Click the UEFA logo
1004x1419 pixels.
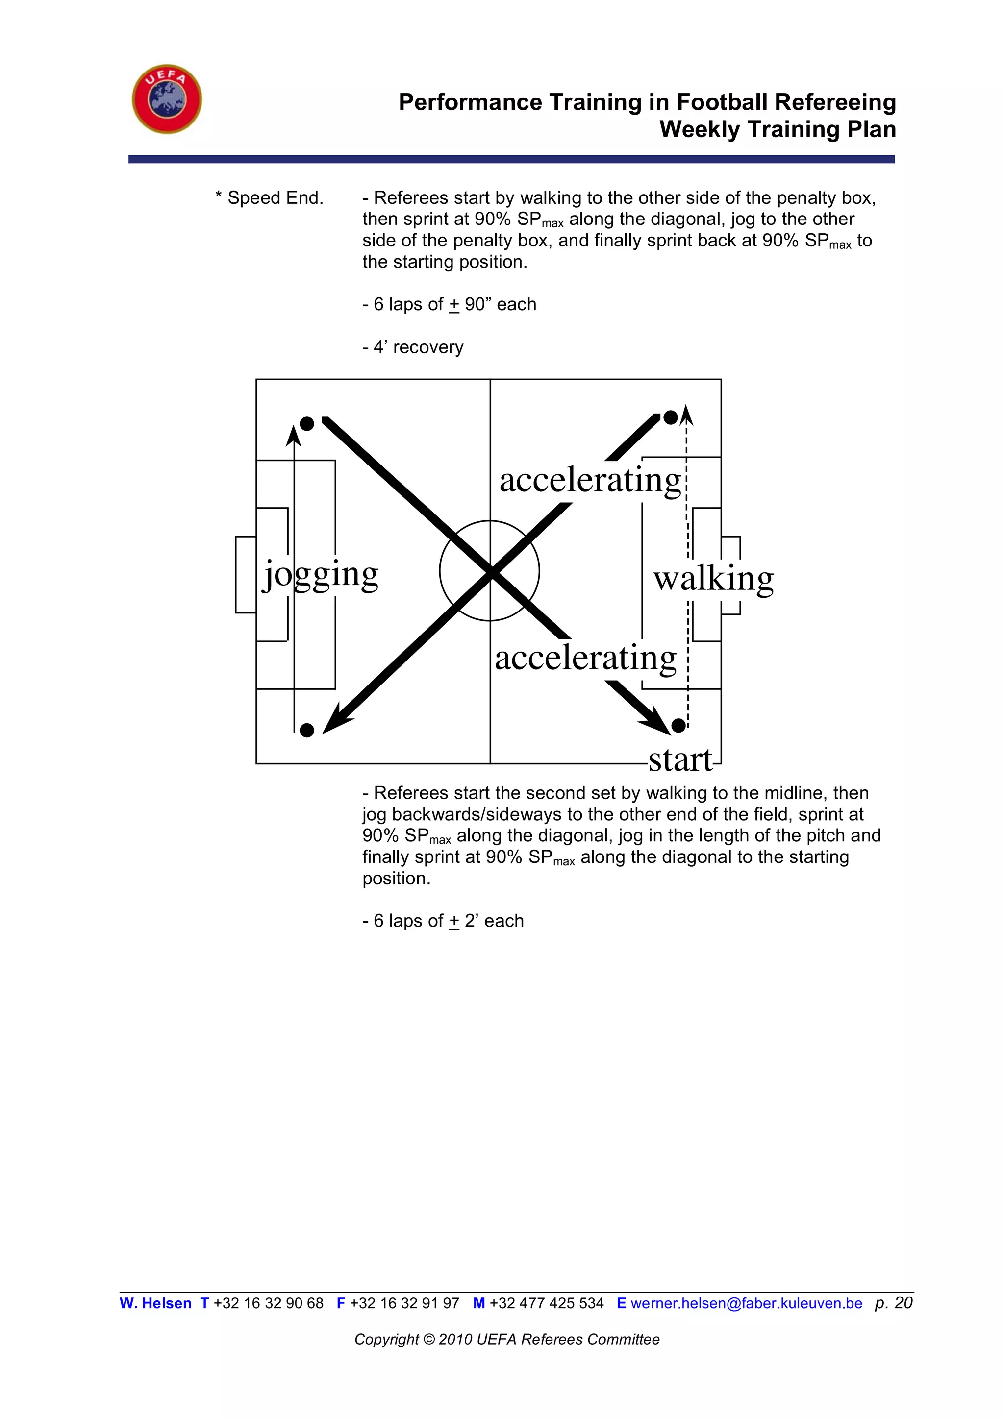[167, 99]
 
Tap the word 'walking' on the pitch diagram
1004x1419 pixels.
[713, 579]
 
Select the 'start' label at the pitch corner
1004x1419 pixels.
[680, 759]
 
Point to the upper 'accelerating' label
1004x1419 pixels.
[590, 480]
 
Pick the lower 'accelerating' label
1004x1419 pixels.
[585, 658]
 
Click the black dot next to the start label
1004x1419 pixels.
[678, 725]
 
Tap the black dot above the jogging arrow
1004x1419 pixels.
[306, 423]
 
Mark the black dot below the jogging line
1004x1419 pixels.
[306, 730]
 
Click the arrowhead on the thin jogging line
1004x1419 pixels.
[294, 435]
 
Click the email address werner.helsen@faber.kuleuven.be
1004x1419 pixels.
[746, 1303]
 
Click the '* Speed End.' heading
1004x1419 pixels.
[270, 198]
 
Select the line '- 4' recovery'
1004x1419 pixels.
[412, 347]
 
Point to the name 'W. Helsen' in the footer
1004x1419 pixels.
[155, 1303]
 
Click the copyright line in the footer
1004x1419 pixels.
[507, 1339]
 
